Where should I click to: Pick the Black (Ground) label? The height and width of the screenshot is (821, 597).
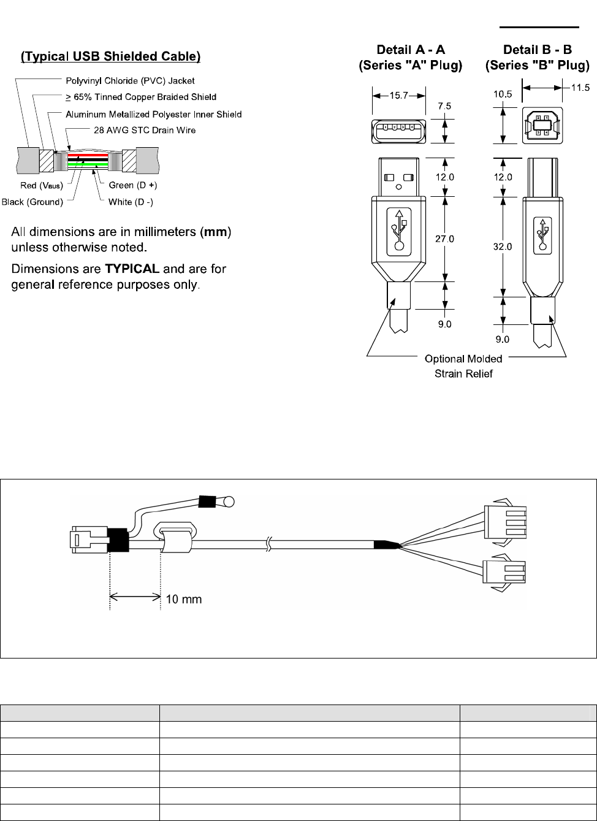(32, 202)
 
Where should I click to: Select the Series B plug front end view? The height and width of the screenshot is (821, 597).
(542, 126)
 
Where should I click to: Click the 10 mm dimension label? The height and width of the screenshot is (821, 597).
(183, 599)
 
